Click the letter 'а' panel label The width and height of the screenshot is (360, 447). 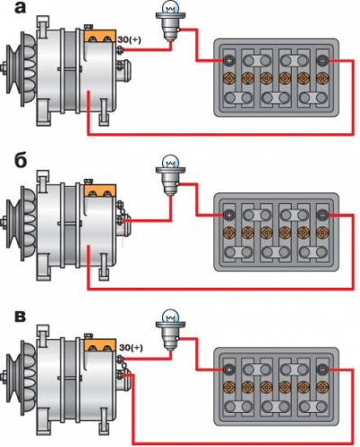point(21,8)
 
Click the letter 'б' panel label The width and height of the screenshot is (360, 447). point(21,160)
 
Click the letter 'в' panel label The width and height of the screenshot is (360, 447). point(20,317)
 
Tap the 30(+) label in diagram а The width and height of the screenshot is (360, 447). point(129,40)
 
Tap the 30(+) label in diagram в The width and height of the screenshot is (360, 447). point(131,348)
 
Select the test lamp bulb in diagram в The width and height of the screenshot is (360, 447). point(170,317)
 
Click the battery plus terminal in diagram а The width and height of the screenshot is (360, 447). point(229,61)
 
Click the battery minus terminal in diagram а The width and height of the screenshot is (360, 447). point(322,61)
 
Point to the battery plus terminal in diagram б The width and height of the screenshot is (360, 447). point(229,215)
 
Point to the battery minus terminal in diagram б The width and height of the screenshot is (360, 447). point(322,215)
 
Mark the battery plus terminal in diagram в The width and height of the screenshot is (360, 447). point(229,370)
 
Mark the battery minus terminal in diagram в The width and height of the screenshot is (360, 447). point(322,370)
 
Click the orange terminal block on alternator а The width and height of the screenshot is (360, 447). point(100,36)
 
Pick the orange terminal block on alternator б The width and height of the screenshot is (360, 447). point(100,191)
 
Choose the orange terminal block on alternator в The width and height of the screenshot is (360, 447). point(100,345)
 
